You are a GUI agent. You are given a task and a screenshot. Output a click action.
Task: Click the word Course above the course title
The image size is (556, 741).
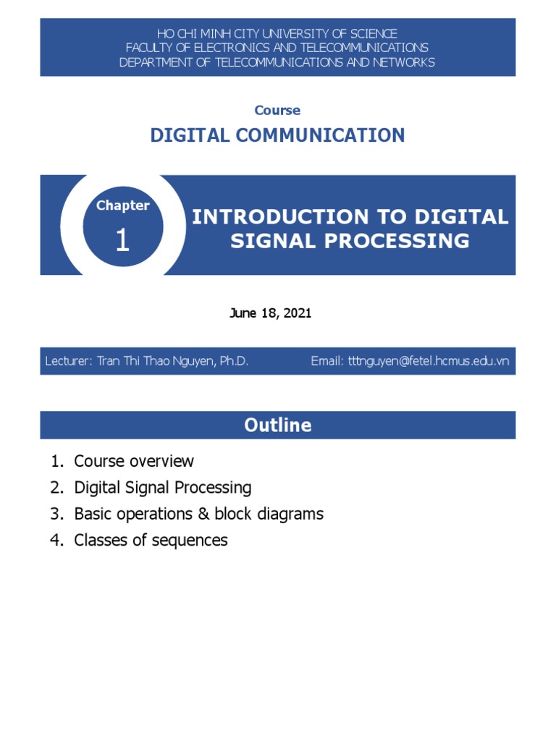[277, 111]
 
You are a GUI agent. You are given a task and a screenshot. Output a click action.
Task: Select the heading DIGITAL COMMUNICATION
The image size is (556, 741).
[277, 135]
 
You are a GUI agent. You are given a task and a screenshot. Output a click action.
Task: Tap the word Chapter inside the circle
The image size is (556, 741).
[122, 206]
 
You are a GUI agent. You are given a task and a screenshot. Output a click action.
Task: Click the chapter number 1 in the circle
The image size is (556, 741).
[122, 240]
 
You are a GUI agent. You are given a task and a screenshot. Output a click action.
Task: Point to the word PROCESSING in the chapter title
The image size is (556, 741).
[392, 240]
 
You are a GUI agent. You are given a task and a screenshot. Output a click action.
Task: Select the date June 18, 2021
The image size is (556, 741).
[270, 313]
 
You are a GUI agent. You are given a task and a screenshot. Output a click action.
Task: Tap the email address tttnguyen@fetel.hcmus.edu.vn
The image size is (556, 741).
[429, 360]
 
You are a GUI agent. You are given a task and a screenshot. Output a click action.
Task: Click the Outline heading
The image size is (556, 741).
[277, 425]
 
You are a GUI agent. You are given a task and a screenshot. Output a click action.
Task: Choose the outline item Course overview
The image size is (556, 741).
[134, 461]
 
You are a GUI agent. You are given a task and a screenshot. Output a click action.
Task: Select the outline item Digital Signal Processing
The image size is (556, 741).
[163, 488]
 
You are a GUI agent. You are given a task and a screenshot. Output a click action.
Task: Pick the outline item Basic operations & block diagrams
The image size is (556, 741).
[198, 514]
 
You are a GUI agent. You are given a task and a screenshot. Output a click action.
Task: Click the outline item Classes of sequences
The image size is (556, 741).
[151, 540]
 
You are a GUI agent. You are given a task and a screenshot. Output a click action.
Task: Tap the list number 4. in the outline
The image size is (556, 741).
[57, 540]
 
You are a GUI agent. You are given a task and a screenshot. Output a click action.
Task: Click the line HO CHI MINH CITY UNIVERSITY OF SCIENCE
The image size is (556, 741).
[277, 34]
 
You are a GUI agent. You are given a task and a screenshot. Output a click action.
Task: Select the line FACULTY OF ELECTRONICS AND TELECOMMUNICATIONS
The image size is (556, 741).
[277, 48]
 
